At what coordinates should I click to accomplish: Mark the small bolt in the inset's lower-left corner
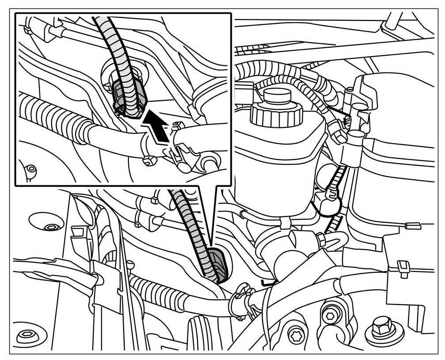click(x=31, y=169)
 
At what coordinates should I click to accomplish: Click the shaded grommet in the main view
click(x=219, y=264)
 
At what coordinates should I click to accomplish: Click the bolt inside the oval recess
click(x=50, y=227)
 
